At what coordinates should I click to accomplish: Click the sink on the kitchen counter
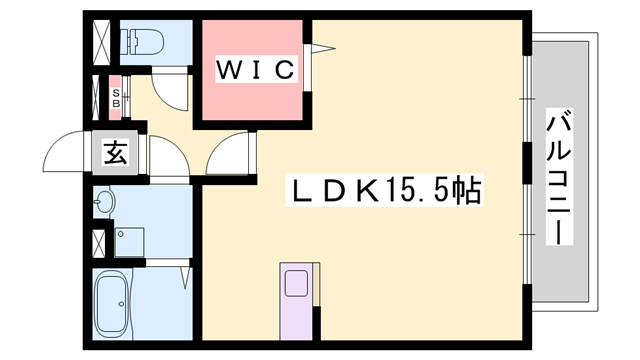coord(297,284)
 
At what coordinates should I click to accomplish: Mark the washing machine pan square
coord(129,241)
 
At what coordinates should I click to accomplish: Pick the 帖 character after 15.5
coord(465,190)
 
